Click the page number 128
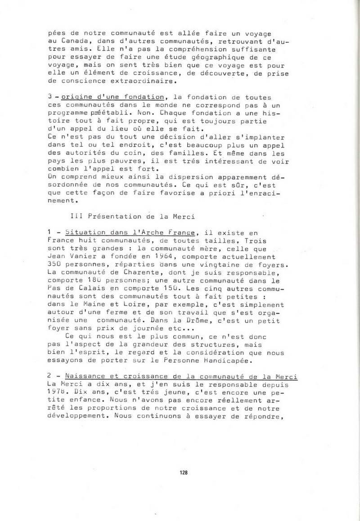click(x=183, y=472)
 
